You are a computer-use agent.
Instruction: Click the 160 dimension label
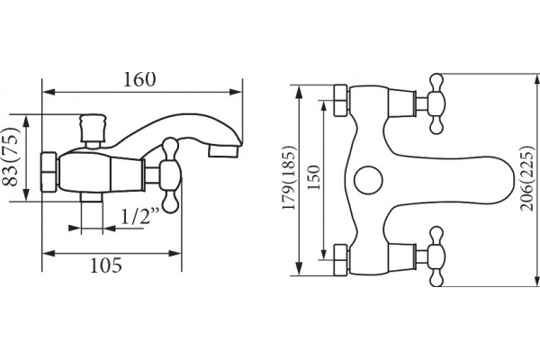point(139,79)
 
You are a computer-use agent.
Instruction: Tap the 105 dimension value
point(106,265)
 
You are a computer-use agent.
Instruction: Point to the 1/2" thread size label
point(140,216)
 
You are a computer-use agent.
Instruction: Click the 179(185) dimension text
point(289,178)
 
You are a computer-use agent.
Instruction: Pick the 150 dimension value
point(314,178)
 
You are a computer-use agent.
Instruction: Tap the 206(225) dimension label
point(527,178)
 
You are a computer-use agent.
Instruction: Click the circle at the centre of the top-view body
point(368,180)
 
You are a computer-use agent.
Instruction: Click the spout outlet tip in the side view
point(224,151)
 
